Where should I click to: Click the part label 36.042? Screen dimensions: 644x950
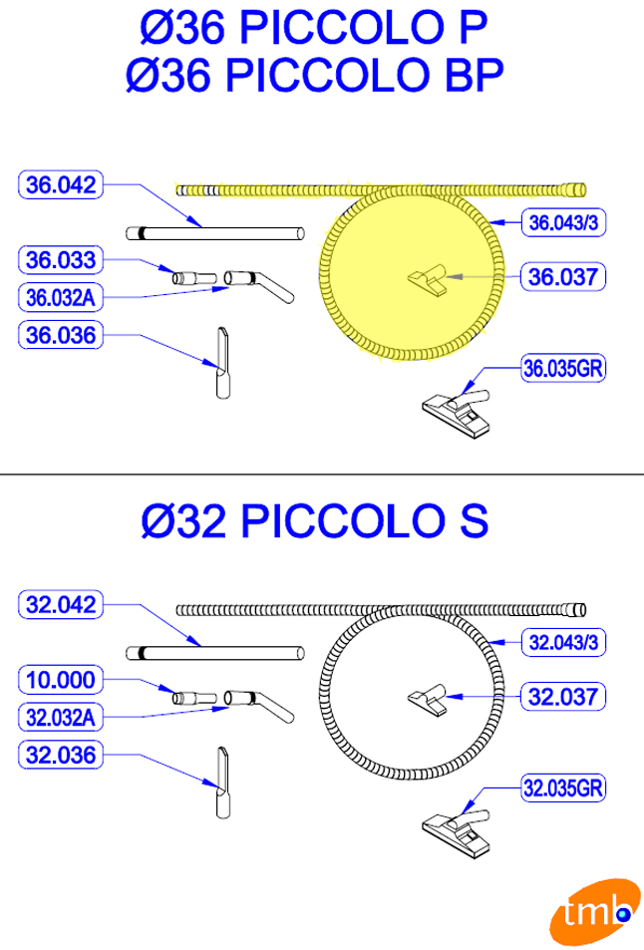click(61, 184)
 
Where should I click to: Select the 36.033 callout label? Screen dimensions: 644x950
click(61, 260)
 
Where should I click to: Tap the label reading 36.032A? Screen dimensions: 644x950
click(61, 297)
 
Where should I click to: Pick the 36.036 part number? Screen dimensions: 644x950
click(61, 335)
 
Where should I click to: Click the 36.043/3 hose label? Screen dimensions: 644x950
click(563, 222)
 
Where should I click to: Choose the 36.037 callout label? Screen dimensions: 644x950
click(563, 277)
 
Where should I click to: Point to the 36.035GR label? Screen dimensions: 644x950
click(563, 368)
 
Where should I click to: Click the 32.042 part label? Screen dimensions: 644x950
click(61, 605)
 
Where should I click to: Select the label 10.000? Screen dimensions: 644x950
click(61, 680)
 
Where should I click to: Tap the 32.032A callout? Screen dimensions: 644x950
click(61, 718)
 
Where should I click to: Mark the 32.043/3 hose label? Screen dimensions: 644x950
click(563, 642)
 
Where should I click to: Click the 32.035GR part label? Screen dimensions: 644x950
click(563, 789)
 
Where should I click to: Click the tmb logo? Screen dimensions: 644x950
click(595, 912)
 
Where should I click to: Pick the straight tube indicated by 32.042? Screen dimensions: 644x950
click(215, 653)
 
